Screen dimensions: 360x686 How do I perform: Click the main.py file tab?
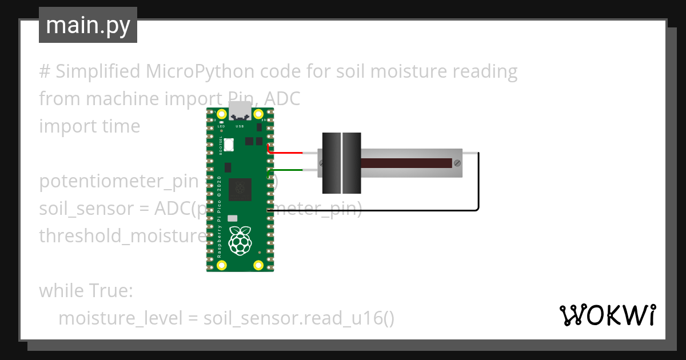(x=87, y=25)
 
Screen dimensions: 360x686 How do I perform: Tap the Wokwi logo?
(x=607, y=315)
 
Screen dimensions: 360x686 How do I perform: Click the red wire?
(x=286, y=153)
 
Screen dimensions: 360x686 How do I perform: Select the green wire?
(x=286, y=170)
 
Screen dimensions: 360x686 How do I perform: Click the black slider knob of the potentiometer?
(x=342, y=163)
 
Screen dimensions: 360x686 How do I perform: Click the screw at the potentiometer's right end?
(x=457, y=163)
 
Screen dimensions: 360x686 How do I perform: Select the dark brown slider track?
(x=406, y=163)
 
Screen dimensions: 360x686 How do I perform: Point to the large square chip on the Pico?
(x=240, y=189)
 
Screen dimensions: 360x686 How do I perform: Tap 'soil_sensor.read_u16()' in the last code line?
(x=299, y=318)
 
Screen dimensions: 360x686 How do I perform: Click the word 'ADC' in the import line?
(x=283, y=99)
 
